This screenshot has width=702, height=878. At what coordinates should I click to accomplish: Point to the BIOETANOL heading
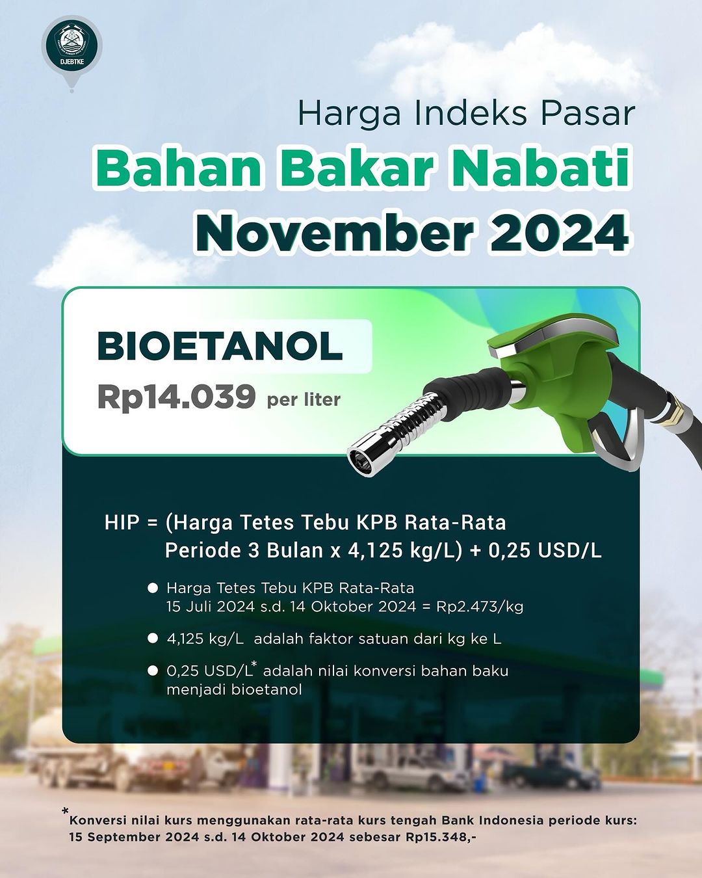click(x=220, y=346)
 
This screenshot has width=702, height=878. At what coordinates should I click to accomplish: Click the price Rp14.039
click(x=176, y=397)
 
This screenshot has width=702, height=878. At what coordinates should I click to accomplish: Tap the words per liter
click(x=304, y=399)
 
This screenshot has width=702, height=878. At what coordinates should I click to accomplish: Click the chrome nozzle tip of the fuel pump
click(x=365, y=456)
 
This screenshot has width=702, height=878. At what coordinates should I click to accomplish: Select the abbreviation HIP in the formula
click(x=122, y=523)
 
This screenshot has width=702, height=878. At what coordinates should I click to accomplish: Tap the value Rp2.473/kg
click(x=480, y=607)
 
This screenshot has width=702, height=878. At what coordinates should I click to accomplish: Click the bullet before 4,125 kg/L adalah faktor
click(x=153, y=639)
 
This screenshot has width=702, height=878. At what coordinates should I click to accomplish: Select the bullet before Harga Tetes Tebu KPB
click(x=153, y=588)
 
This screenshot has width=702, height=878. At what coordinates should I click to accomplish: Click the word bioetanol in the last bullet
click(x=266, y=689)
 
